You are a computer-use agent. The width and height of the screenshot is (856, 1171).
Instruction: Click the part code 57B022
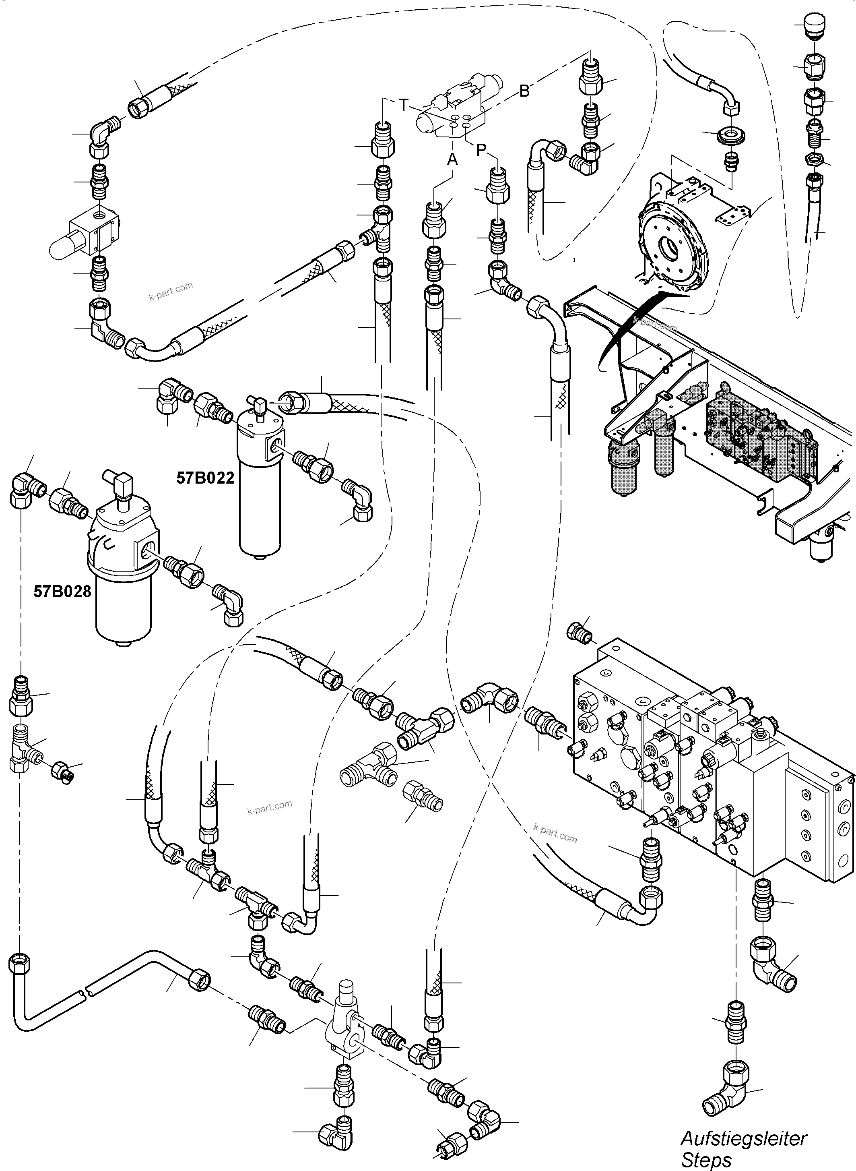coord(205,478)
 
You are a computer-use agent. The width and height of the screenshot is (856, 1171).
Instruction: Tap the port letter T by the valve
coord(404,105)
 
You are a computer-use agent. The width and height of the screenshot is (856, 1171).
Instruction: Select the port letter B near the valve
coord(524,91)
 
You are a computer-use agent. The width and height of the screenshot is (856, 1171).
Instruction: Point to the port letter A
coord(452,159)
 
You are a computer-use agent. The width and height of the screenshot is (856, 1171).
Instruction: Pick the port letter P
coord(481,150)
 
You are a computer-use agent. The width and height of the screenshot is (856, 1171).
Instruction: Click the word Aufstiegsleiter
coord(744,1138)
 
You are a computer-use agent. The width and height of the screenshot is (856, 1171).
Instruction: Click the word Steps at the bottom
coord(706,1160)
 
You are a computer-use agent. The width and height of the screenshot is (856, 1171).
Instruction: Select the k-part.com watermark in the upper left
coord(171,291)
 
